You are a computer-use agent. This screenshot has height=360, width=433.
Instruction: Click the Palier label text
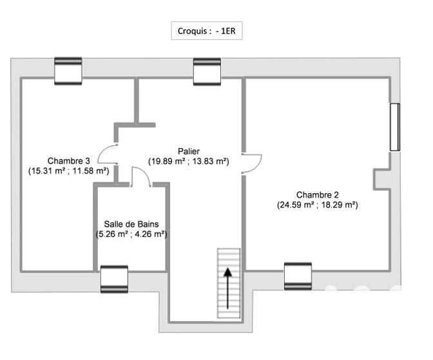point(189,151)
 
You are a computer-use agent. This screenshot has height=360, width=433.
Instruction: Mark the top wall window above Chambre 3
point(68,71)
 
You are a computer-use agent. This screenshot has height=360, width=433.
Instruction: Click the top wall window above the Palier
point(207,71)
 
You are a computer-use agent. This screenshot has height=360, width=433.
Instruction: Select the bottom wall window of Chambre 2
point(298,276)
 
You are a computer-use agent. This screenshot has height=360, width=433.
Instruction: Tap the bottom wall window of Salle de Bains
point(114,279)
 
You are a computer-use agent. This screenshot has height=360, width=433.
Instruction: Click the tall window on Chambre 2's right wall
point(394,127)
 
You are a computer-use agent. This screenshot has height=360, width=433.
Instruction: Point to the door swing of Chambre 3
point(108,155)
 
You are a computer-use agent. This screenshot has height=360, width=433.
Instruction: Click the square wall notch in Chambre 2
point(381,180)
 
